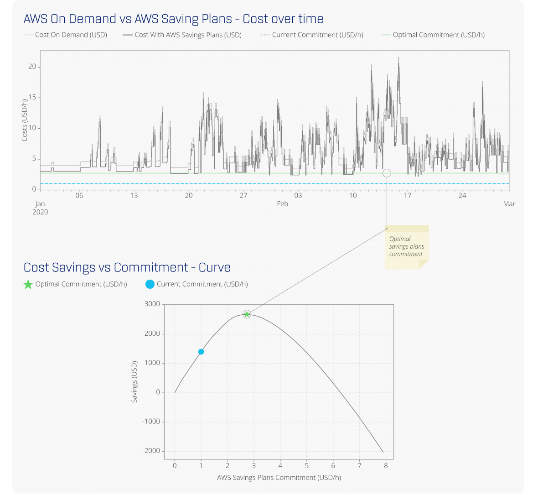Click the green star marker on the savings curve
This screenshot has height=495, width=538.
point(247,314)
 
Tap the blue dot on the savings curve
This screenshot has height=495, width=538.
point(201,352)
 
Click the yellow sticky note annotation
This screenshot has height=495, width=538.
point(406,247)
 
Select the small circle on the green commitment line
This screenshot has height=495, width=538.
point(387,173)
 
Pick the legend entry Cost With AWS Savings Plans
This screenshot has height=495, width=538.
point(182,35)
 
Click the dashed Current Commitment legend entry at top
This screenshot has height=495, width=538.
point(312,35)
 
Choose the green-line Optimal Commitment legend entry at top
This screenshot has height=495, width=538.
point(433,35)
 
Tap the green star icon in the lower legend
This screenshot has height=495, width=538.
point(28,284)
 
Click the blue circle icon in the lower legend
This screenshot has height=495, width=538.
point(150,284)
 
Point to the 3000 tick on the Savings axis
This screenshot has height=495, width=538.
point(152,304)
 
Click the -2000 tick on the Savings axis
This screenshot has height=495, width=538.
point(151,451)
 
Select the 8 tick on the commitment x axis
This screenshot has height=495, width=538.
point(386,466)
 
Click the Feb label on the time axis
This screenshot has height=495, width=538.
point(282,204)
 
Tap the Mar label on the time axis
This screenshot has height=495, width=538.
point(509,204)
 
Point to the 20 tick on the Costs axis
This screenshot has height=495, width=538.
point(32,67)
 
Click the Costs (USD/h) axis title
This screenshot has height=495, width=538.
point(25,120)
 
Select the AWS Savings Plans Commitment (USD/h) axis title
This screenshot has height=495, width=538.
point(279,478)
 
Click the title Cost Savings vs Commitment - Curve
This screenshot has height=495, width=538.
point(127,267)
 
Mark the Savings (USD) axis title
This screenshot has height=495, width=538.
point(134,382)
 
